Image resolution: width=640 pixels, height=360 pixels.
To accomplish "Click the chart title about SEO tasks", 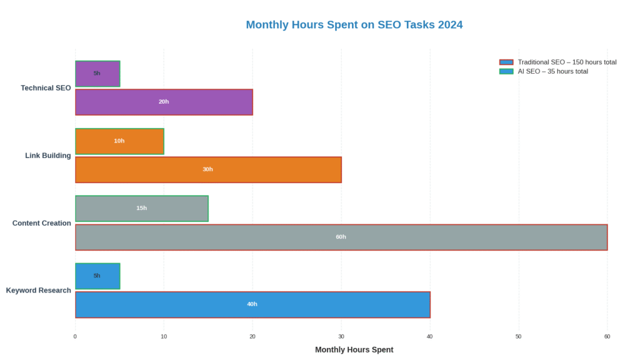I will coord(354,25).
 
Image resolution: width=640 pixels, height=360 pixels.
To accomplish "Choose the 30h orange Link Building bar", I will coord(250,169).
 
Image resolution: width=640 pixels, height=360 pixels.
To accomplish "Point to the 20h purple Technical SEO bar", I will coord(200,102).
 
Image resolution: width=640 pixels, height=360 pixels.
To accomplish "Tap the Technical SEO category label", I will coord(46,88).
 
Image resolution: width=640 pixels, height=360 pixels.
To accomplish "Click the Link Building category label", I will coord(47,156).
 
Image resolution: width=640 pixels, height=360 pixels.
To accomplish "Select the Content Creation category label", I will coord(41,223).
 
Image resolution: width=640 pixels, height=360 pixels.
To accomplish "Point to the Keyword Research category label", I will coord(38,291).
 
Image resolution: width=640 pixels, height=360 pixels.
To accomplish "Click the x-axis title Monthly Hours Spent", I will coord(354,350).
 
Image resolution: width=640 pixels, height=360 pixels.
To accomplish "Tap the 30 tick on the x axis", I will coord(341,337).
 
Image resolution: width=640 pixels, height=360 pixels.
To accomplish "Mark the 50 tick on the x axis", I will coord(518,337).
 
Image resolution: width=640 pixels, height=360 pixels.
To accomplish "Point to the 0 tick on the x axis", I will coord(75,337).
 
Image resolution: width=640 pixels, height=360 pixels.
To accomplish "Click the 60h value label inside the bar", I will coord(341,237).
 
